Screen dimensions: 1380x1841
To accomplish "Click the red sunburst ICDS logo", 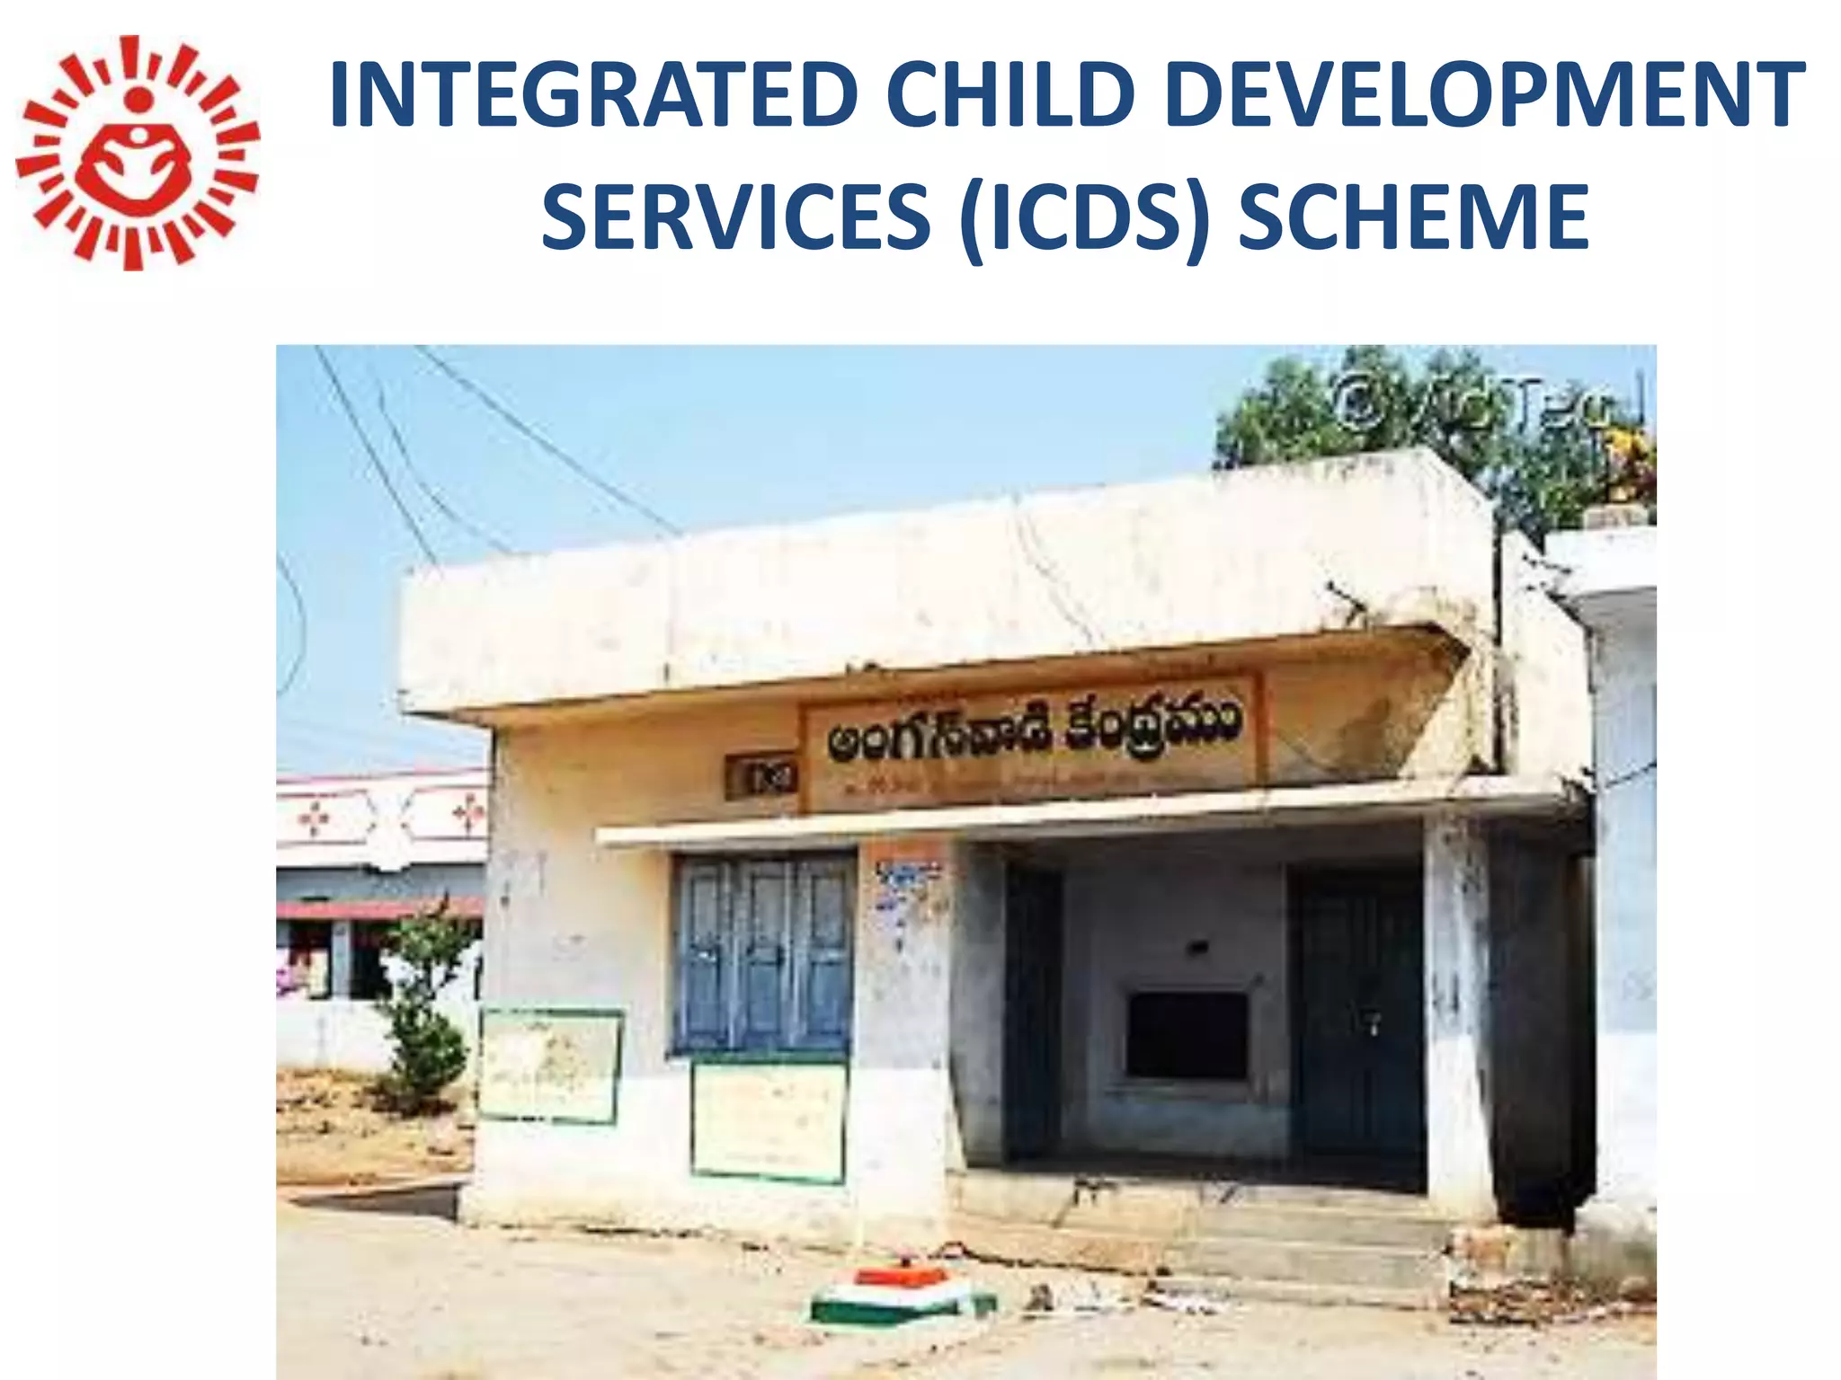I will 137,153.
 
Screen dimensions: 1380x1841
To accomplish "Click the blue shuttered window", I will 763,952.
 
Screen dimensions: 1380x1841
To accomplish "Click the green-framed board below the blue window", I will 769,1119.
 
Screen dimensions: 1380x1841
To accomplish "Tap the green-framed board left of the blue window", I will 550,1065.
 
